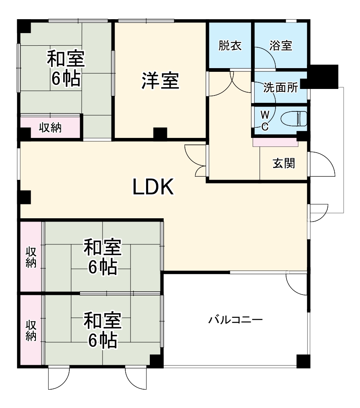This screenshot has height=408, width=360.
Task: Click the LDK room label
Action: click(153, 187)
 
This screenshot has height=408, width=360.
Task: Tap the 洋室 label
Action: click(160, 80)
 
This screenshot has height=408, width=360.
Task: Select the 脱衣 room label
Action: click(230, 45)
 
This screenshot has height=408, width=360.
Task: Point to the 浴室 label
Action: click(281, 45)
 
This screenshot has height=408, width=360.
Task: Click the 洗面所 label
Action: click(280, 87)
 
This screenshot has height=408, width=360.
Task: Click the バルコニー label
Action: click(235, 319)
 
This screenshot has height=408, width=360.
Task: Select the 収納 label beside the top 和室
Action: click(50, 128)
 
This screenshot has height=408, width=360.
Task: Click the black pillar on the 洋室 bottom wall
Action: click(160, 133)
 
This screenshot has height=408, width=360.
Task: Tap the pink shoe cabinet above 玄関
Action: click(276, 142)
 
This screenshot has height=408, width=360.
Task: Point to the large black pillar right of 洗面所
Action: click(322, 76)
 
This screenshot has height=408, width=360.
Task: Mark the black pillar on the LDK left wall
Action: click(25, 197)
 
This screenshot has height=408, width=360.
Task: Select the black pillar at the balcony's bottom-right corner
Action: click(302, 361)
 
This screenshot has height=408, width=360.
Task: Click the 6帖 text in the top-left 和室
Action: click(65, 79)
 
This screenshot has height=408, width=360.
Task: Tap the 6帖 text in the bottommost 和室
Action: click(102, 340)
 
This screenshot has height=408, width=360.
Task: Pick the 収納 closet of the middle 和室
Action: click(31, 257)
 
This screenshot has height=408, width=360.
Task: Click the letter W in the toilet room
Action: click(264, 113)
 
